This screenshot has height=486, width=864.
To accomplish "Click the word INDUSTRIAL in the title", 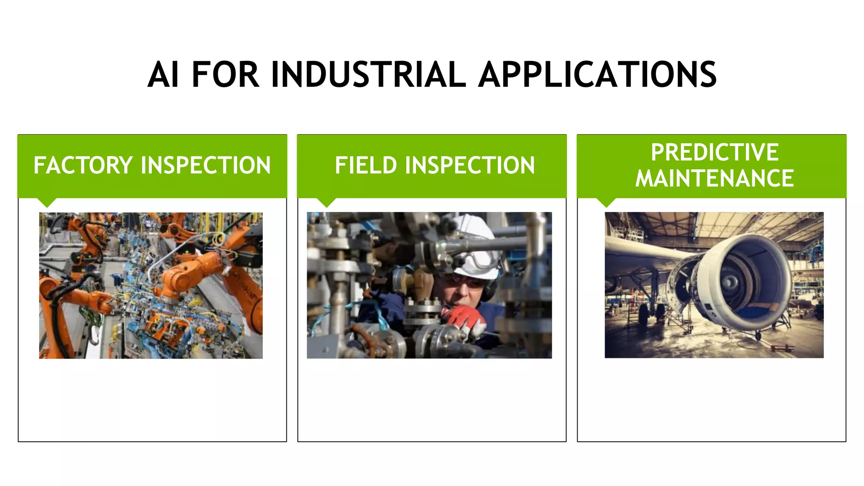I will (x=368, y=75).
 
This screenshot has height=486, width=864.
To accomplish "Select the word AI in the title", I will (x=163, y=75).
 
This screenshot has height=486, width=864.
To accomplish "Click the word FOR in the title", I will (x=225, y=75).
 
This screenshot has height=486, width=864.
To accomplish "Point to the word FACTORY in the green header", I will (x=83, y=165).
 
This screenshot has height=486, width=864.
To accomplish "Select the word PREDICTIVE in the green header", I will (x=714, y=152).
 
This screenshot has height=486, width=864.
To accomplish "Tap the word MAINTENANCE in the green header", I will (x=714, y=178).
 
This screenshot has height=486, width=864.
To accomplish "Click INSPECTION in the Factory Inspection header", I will (x=206, y=165).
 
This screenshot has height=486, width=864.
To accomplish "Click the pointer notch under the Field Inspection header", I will (x=327, y=202).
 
